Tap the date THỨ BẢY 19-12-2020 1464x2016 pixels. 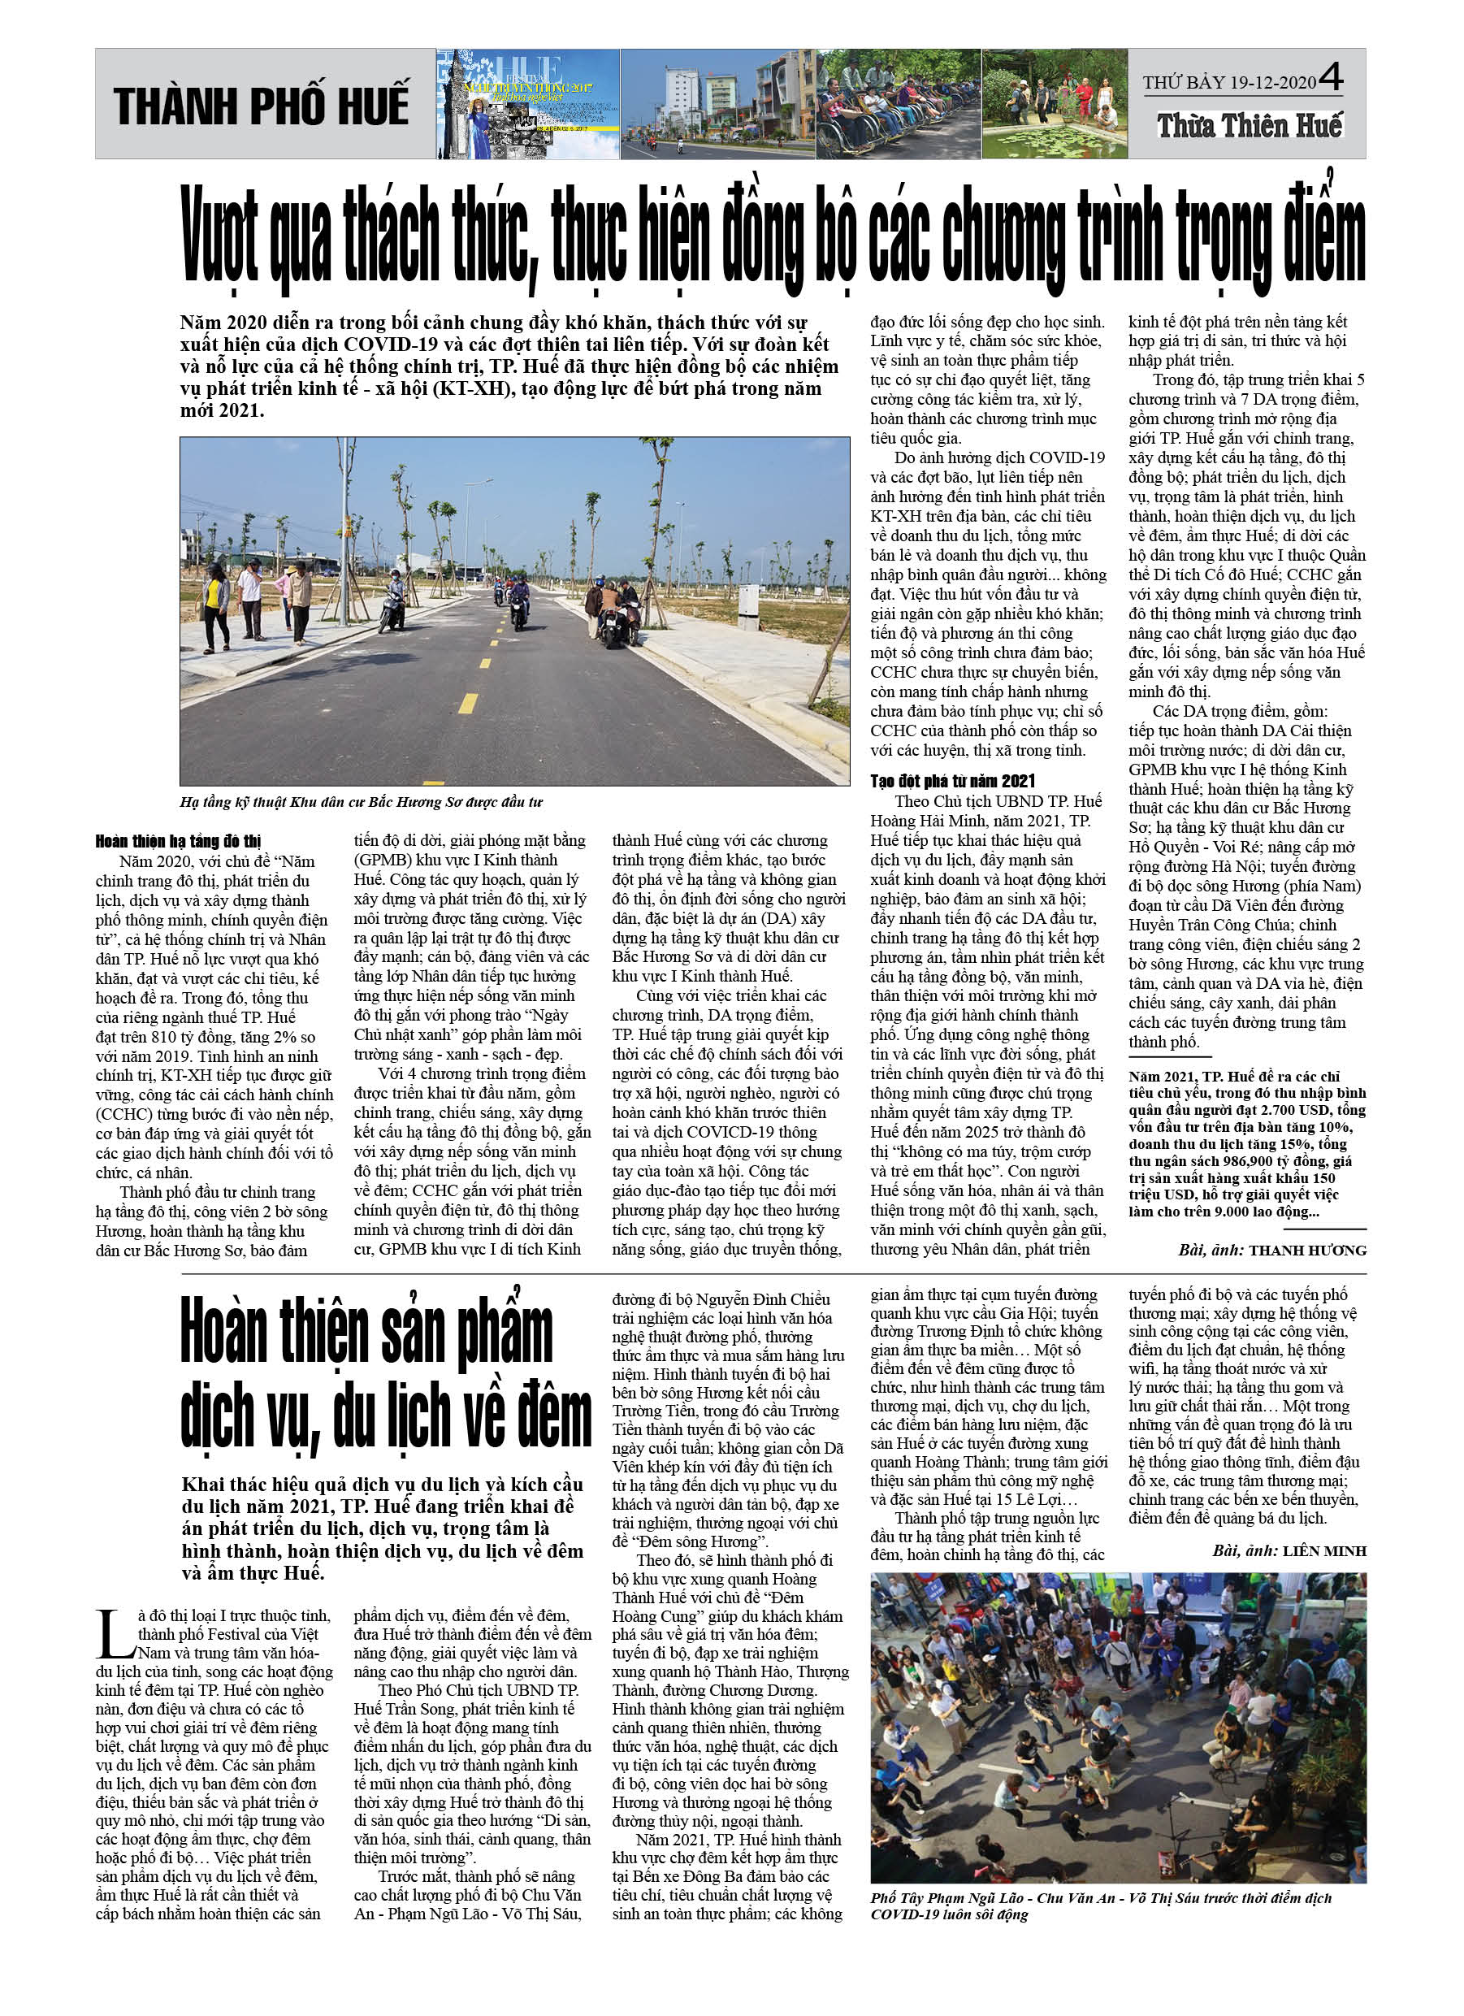tap(1228, 83)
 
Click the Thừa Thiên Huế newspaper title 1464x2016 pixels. tap(1249, 125)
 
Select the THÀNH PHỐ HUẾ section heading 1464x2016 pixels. tap(262, 105)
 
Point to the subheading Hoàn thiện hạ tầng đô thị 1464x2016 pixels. tap(178, 840)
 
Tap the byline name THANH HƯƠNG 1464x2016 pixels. tap(1306, 1250)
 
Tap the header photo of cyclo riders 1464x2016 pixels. tap(898, 104)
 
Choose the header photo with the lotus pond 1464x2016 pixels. tap(1055, 104)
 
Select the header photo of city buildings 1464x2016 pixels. tap(717, 104)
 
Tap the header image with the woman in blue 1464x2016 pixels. tap(527, 104)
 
